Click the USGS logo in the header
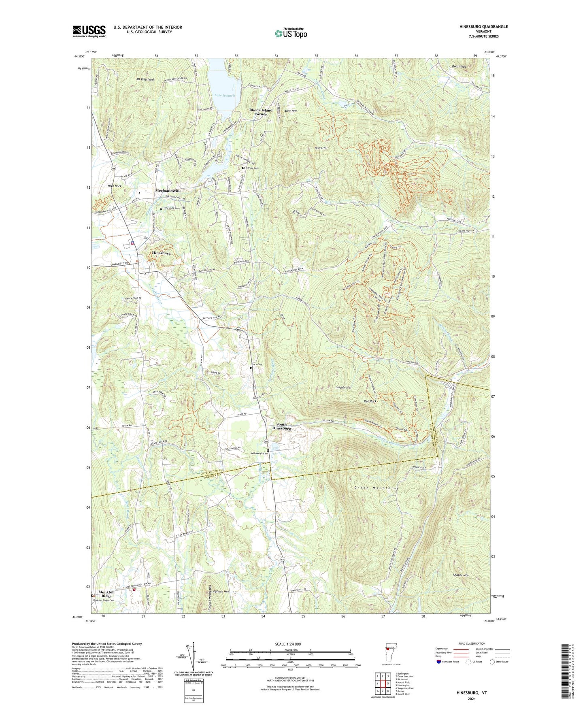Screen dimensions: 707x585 [89, 31]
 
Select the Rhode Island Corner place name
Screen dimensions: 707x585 [260, 112]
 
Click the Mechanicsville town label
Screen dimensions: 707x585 [168, 191]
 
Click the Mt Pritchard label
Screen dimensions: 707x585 [145, 80]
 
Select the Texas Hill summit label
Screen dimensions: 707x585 [321, 148]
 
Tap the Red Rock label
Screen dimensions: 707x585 [370, 401]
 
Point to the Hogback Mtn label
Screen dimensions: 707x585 [221, 592]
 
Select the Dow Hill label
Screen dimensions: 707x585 [291, 111]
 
